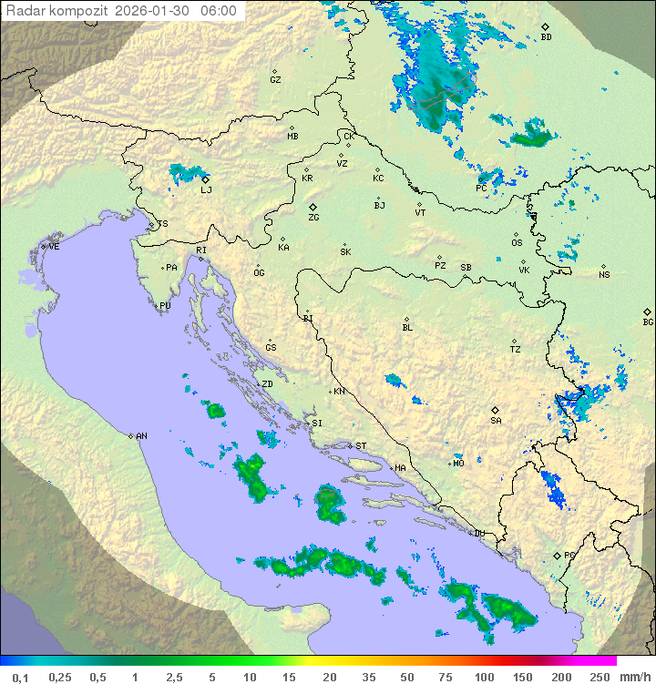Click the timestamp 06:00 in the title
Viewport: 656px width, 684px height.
click(219, 11)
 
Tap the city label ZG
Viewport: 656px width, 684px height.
click(313, 218)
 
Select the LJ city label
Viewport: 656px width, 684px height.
click(206, 189)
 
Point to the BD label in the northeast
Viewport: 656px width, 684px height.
click(546, 37)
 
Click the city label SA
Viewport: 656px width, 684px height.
click(496, 420)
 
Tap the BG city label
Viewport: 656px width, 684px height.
click(648, 322)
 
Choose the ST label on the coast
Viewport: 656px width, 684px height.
click(361, 446)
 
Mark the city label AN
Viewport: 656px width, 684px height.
click(141, 436)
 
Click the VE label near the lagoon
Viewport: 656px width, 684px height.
click(54, 247)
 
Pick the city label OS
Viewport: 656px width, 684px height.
click(517, 243)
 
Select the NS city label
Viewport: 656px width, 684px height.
click(604, 275)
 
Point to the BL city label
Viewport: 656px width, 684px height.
click(407, 327)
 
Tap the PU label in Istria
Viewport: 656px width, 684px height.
click(165, 306)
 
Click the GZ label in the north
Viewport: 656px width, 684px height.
click(275, 79)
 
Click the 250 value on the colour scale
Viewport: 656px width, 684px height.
click(599, 677)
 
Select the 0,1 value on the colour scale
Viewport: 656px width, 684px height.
click(20, 677)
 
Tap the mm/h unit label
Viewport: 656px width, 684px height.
click(634, 677)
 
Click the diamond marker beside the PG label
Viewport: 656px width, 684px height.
click(557, 555)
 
